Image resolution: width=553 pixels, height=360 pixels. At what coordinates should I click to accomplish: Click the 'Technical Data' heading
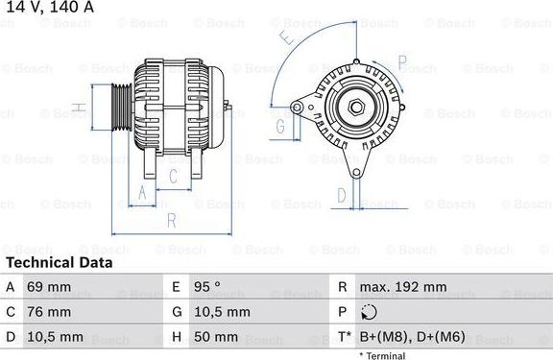tap(59, 262)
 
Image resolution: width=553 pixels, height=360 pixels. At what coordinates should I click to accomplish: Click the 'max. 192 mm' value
tap(403, 287)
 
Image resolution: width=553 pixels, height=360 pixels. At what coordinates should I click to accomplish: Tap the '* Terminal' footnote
tap(382, 355)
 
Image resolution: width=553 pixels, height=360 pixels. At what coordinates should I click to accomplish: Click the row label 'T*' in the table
tap(343, 337)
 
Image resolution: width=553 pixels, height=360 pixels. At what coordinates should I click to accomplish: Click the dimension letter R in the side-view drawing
tap(170, 220)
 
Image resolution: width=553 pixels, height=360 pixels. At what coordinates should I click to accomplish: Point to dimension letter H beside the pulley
tap(78, 107)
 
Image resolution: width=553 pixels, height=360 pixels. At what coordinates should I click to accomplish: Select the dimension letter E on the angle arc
tap(285, 40)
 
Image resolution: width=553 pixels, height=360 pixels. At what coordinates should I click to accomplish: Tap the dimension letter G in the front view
tap(281, 126)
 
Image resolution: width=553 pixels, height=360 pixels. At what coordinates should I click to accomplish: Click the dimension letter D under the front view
tap(342, 196)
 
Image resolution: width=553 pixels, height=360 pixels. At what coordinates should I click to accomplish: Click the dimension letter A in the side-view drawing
tap(143, 192)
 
